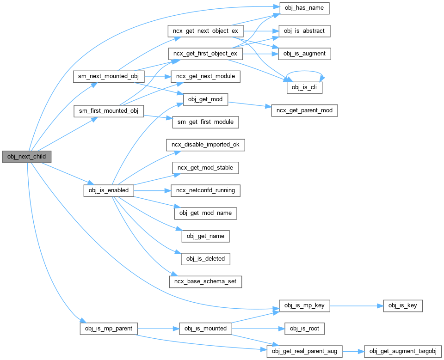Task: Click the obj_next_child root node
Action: pos(26,156)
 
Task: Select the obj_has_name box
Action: pos(304,8)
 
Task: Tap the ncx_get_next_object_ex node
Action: pos(205,31)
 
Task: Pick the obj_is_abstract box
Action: pos(304,31)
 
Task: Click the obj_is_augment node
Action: pos(304,54)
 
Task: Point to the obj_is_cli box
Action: pos(304,87)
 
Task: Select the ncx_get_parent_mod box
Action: pos(304,110)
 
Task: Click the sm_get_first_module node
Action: pos(206,122)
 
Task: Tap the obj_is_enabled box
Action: pos(109,190)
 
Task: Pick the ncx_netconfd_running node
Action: pos(206,190)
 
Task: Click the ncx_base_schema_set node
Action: pos(206,281)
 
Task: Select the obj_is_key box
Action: pos(402,305)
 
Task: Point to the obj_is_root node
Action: pos(304,329)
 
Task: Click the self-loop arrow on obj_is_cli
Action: pos(305,72)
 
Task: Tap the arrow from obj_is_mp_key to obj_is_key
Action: pos(356,305)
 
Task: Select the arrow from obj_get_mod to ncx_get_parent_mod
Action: pos(250,105)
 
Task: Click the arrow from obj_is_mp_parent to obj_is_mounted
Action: pos(157,329)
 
